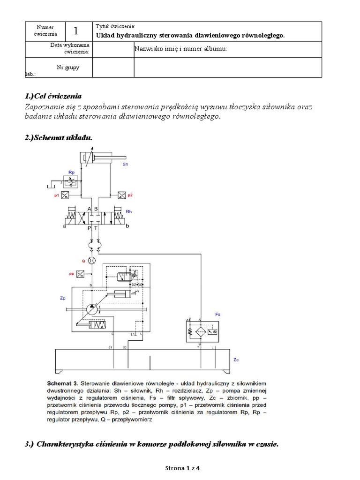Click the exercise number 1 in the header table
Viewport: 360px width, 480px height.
coord(75,31)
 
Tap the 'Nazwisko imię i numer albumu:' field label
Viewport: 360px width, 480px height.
coord(180,49)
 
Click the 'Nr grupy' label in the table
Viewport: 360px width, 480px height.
coord(68,67)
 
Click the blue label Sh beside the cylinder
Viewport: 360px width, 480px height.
coord(125,165)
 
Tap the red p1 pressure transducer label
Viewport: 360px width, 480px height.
coord(56,195)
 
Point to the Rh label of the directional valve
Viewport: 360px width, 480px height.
coord(129,212)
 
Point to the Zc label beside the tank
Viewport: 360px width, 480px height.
coord(236,360)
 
